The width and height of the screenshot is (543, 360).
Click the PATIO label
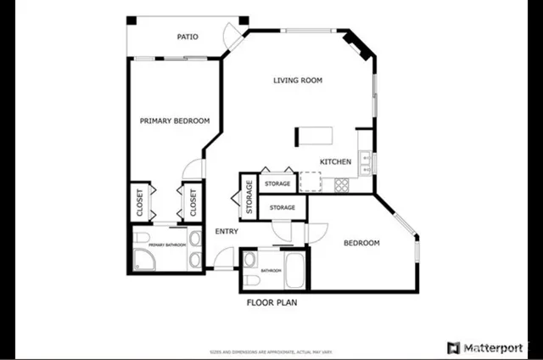click(x=188, y=37)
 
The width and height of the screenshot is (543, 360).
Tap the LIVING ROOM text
click(x=298, y=82)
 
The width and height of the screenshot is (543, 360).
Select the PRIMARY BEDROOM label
click(x=174, y=121)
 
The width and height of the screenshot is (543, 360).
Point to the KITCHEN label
click(x=336, y=161)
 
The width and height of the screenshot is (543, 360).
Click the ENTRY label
click(x=226, y=231)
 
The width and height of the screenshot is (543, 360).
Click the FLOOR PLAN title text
click(x=271, y=301)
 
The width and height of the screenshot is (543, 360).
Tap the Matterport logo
click(x=490, y=347)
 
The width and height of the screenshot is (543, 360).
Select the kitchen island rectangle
click(x=314, y=137)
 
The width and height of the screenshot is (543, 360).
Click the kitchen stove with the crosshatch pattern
click(x=342, y=183)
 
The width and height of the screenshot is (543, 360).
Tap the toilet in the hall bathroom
click(x=252, y=279)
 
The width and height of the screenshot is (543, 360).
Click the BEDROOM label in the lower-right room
click(x=361, y=244)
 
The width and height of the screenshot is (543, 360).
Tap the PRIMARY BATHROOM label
click(x=166, y=245)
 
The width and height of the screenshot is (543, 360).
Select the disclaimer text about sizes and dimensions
click(x=271, y=350)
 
